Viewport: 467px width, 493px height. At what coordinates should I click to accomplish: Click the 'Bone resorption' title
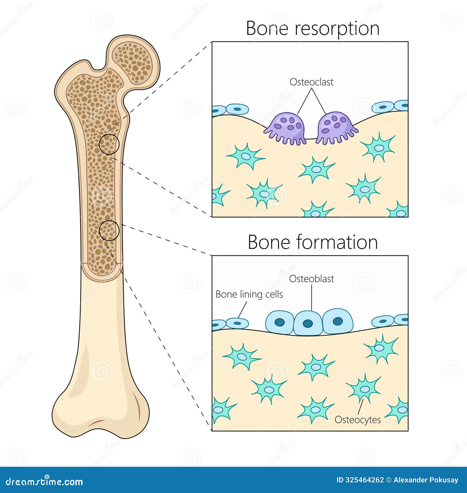coord(313,29)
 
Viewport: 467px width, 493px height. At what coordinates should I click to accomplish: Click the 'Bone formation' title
coord(313,242)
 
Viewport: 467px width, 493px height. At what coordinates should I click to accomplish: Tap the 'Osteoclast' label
coord(311,82)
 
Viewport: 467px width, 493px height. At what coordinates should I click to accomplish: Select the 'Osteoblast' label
coord(311,279)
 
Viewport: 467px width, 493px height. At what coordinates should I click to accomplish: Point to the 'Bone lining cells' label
coord(249,294)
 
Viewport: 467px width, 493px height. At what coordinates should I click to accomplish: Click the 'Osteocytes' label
coord(358,420)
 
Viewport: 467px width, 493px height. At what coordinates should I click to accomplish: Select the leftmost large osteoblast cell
coord(280,322)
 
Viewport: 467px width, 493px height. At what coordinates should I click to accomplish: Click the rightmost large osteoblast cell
coord(338,321)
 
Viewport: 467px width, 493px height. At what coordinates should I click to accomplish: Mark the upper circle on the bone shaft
coord(109,144)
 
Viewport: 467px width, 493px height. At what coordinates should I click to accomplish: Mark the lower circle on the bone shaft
coord(109,230)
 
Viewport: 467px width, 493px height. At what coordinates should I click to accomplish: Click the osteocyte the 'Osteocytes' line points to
coord(364,389)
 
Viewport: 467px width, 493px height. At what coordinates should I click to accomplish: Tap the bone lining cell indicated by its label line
coord(237,323)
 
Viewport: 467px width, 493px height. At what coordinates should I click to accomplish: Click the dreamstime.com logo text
coord(44,481)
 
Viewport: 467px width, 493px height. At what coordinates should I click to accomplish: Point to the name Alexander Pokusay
coord(426,480)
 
